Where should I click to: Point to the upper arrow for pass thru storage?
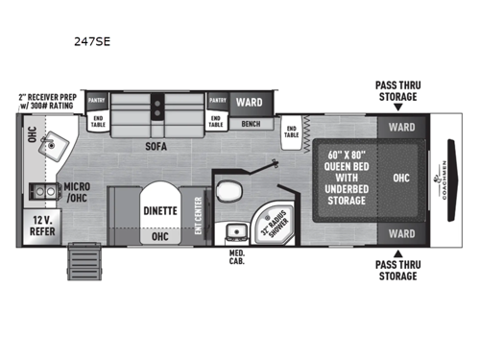tap(396, 108)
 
